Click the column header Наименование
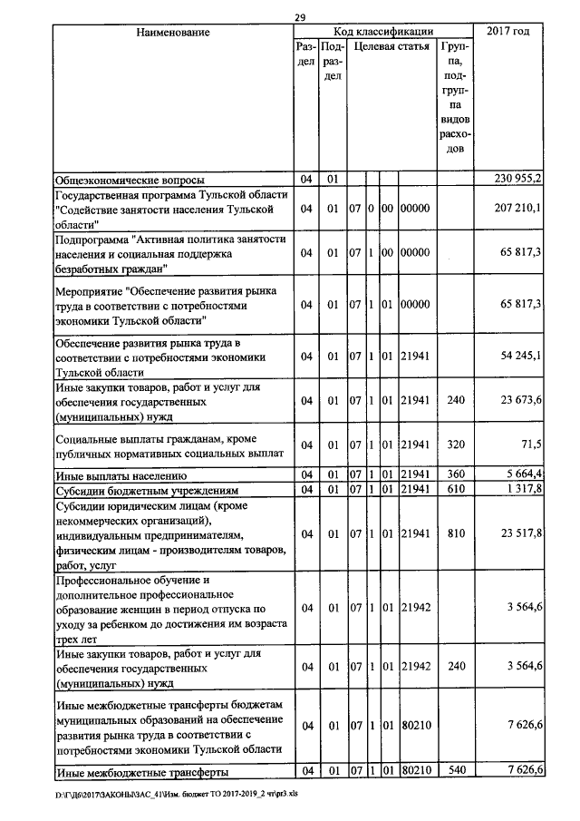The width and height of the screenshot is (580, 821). pos(172,33)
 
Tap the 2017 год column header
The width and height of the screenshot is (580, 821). pos(508,33)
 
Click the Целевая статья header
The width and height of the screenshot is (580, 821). pos(391,45)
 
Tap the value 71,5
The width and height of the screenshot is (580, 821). pos(529,445)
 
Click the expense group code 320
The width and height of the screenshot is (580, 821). pos(456,445)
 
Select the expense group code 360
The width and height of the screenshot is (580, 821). pos(456,474)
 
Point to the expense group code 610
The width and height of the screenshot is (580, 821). pos(456,490)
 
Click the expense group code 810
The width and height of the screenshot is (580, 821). pos(456,534)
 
